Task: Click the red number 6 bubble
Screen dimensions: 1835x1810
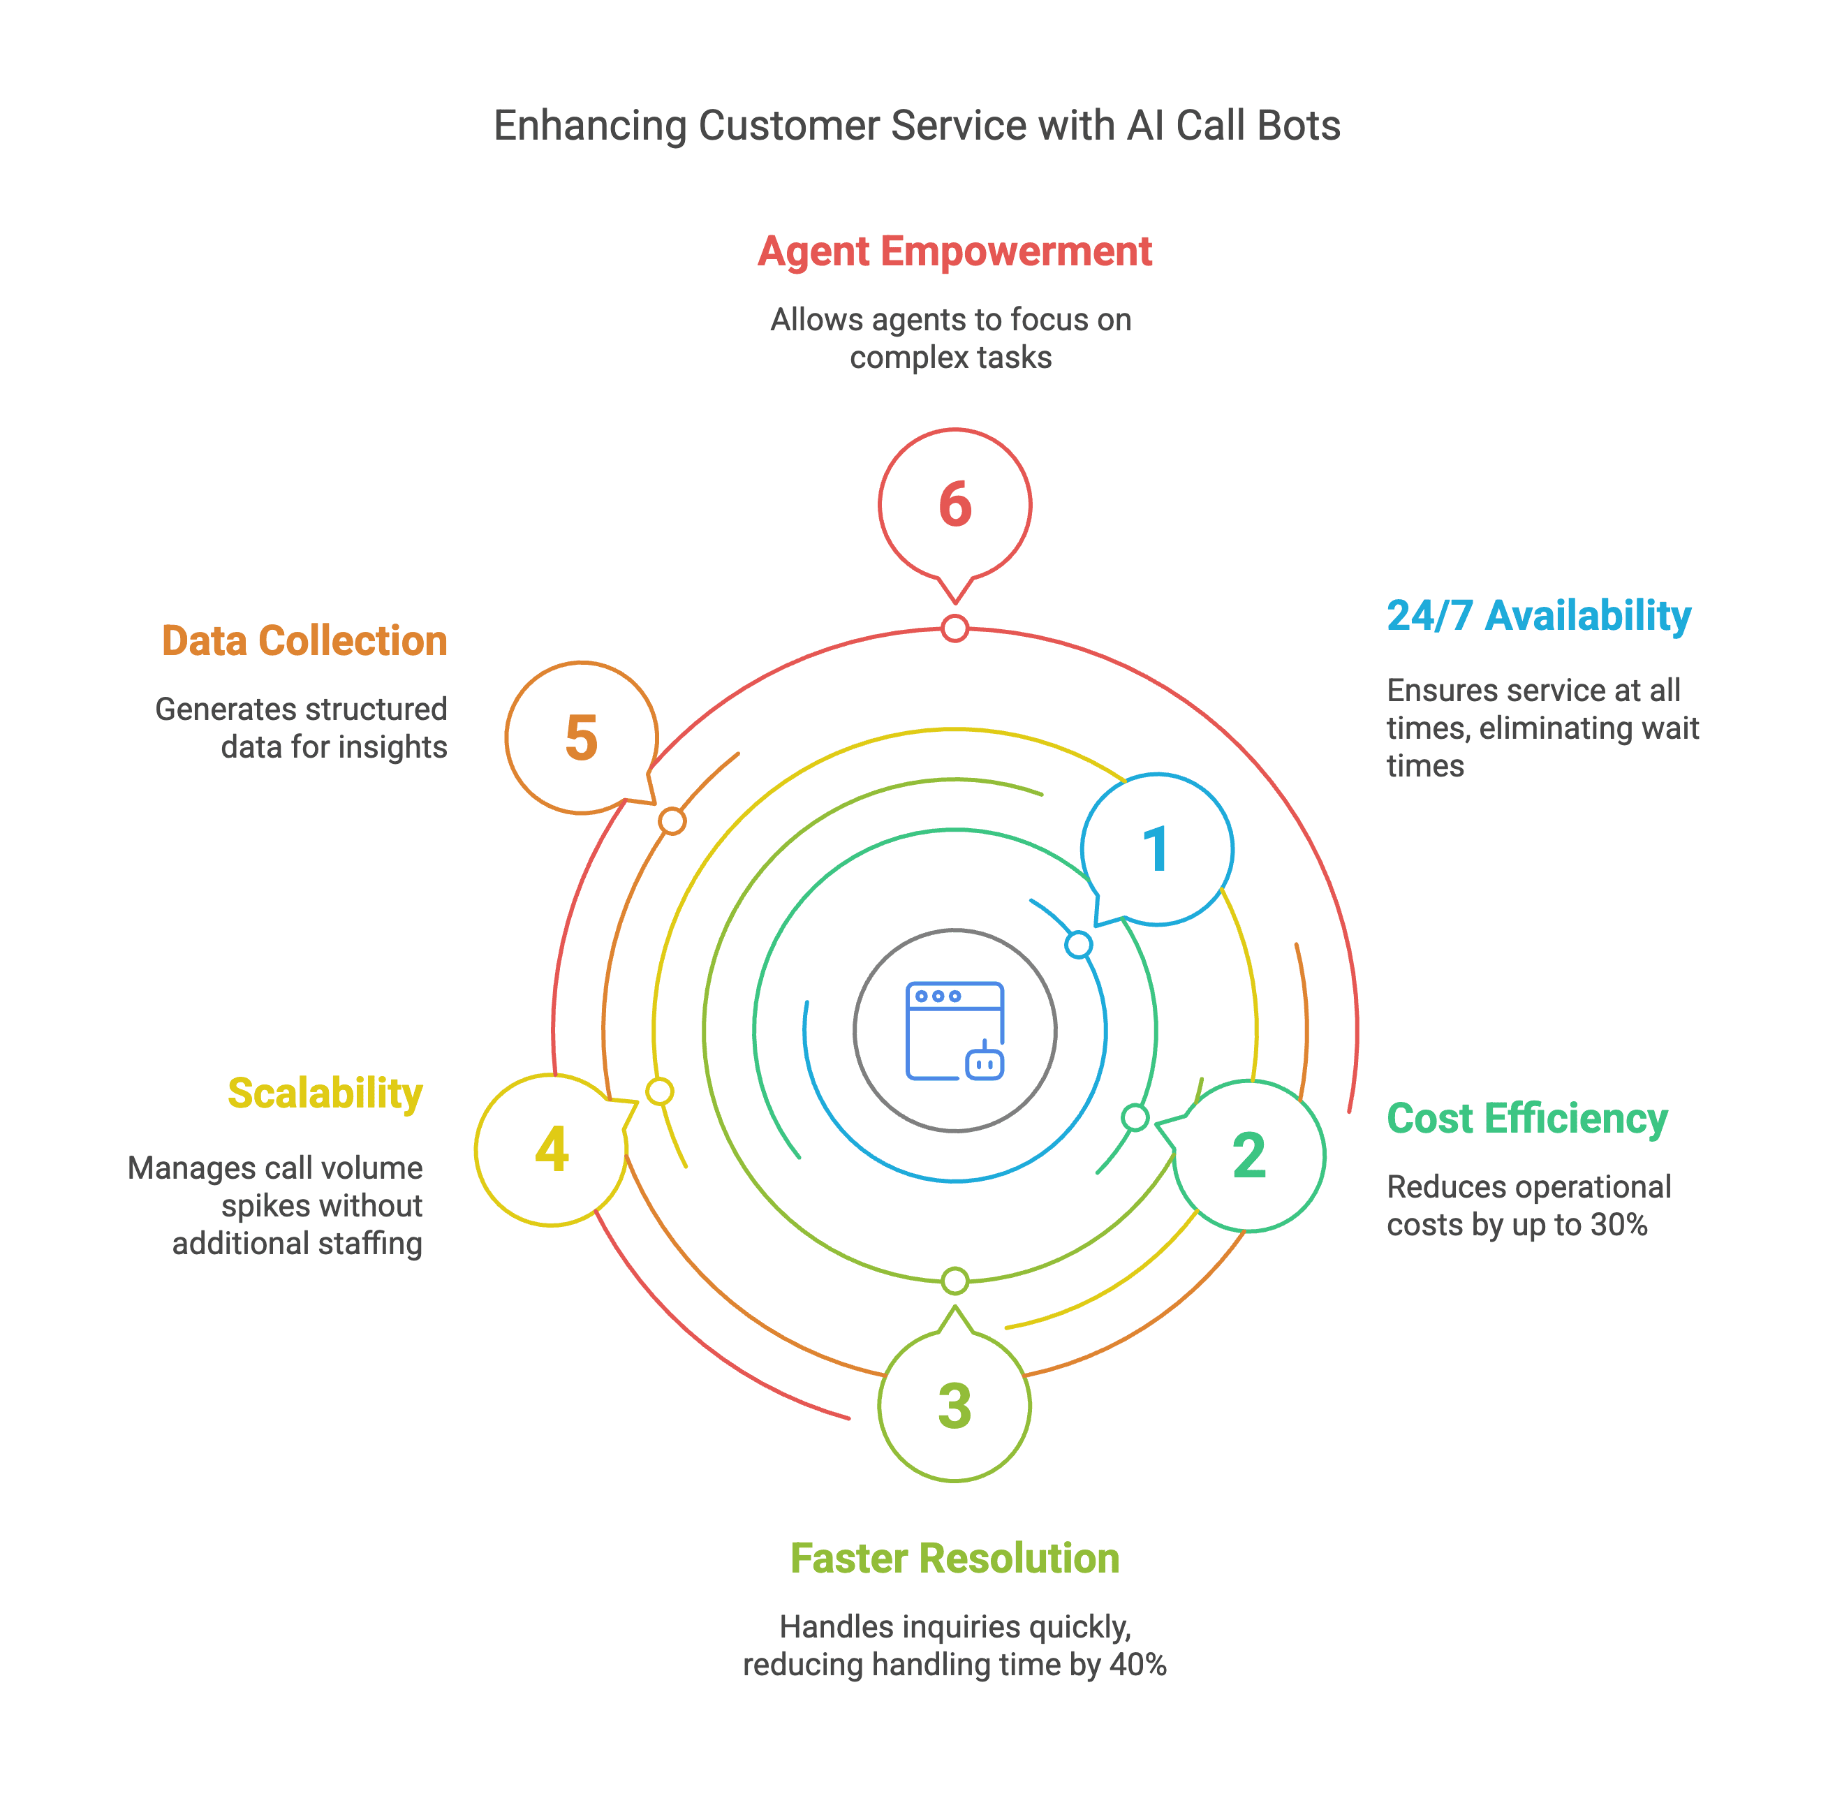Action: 955,505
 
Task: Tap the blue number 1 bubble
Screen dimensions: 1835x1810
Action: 1157,849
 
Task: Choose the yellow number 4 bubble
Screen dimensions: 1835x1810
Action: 552,1150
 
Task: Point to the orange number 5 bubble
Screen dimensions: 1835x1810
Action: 581,738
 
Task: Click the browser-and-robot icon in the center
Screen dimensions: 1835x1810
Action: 955,1031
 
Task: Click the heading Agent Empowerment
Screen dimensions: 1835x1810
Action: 955,251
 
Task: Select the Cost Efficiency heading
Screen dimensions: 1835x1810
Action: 1527,1119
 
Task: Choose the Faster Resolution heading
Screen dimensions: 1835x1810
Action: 955,1559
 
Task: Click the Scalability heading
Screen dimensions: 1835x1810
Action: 325,1094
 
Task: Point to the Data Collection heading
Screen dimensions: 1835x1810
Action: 304,641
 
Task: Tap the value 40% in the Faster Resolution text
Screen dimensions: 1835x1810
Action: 1139,1665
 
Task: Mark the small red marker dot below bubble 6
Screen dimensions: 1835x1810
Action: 955,628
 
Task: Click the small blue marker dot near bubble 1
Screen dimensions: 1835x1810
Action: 1078,945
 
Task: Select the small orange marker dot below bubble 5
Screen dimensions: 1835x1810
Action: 672,821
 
